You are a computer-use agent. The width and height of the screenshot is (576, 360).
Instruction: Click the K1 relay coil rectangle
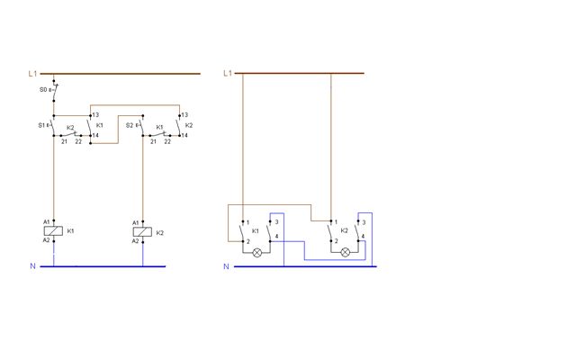pyautogui.click(x=53, y=230)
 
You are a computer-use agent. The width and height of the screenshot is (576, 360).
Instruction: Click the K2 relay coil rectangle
pyautogui.click(x=142, y=232)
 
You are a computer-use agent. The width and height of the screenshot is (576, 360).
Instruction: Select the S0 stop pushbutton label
pyautogui.click(x=43, y=90)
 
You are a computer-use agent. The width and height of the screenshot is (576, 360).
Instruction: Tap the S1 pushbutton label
pyautogui.click(x=41, y=125)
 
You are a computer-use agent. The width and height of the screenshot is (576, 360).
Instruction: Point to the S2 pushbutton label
pyautogui.click(x=130, y=125)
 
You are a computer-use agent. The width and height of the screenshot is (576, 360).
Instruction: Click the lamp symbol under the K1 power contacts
pyautogui.click(x=257, y=252)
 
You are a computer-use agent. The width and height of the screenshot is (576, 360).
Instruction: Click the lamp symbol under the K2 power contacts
pyautogui.click(x=346, y=252)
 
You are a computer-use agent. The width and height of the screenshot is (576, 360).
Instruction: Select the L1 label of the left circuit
pyautogui.click(x=32, y=74)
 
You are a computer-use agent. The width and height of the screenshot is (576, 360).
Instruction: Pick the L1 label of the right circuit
pyautogui.click(x=228, y=73)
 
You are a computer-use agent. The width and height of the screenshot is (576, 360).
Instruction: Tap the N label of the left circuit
pyautogui.click(x=32, y=266)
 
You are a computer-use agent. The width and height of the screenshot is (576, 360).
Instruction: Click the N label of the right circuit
pyautogui.click(x=226, y=266)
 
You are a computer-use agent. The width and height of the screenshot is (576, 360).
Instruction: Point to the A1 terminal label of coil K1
pyautogui.click(x=46, y=222)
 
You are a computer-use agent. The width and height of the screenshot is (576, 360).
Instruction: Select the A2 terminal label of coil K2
pyautogui.click(x=135, y=241)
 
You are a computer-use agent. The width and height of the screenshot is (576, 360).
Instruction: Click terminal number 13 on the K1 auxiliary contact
pyautogui.click(x=95, y=115)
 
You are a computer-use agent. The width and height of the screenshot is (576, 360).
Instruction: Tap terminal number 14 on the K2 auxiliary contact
pyautogui.click(x=184, y=135)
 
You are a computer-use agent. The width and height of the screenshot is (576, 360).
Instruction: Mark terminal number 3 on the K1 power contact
pyautogui.click(x=276, y=222)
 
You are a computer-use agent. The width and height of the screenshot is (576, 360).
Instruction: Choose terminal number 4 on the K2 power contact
pyautogui.click(x=363, y=236)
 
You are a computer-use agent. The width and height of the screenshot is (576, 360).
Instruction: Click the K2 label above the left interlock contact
pyautogui.click(x=70, y=128)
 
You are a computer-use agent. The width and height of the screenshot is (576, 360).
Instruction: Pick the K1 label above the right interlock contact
pyautogui.click(x=159, y=127)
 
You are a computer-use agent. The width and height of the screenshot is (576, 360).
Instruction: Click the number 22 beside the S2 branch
pyautogui.click(x=167, y=141)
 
